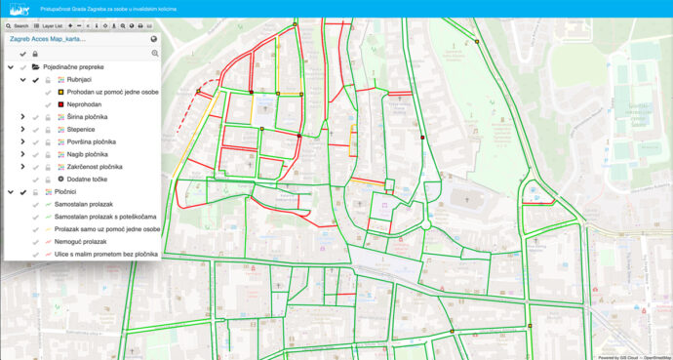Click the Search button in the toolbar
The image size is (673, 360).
tap(17, 25)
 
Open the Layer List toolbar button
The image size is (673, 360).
tap(48, 25)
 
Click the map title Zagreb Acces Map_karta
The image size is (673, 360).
tap(48, 39)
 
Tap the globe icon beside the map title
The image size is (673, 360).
tap(154, 39)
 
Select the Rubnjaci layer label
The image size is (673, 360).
tap(79, 79)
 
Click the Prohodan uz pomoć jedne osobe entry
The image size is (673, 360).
tap(113, 92)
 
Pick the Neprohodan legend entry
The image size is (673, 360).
tap(88, 103)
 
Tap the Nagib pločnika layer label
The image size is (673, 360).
tap(88, 154)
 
